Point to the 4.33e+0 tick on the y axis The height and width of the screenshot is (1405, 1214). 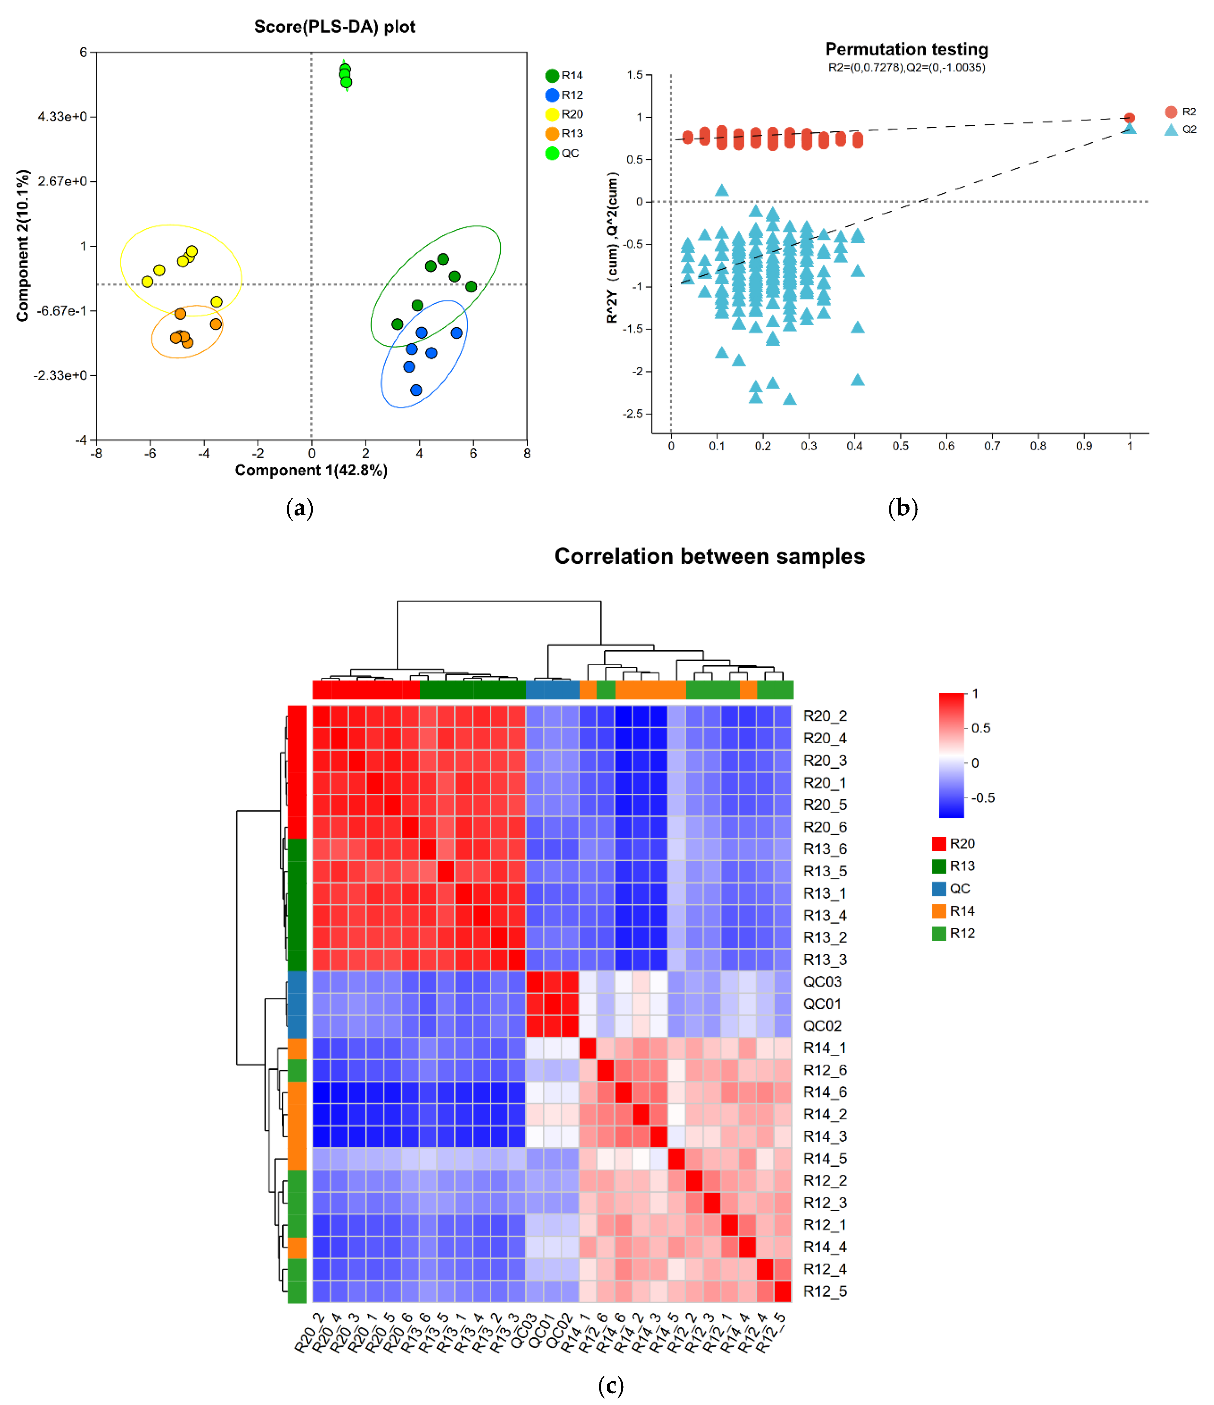[63, 117]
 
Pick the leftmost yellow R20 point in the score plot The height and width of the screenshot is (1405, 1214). [147, 281]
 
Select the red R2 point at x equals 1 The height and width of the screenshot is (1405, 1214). [1129, 118]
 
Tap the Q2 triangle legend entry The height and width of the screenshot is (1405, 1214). [1180, 129]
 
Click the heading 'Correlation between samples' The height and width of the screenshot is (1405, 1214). [709, 556]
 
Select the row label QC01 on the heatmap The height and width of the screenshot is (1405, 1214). [822, 1004]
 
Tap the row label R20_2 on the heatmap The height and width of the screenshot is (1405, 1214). [825, 716]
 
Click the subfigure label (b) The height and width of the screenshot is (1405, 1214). [903, 508]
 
